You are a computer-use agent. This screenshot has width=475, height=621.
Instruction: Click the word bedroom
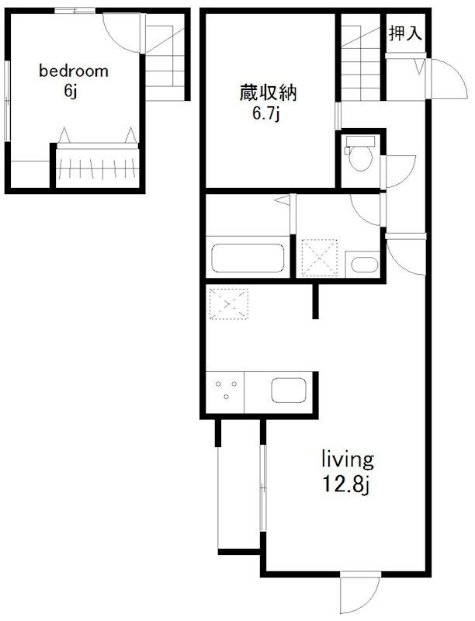[x=74, y=71]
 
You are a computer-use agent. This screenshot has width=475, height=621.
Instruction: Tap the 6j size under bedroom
[x=70, y=91]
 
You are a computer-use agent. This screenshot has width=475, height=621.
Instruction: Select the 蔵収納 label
[x=268, y=92]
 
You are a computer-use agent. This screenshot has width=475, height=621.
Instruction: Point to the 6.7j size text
[x=267, y=114]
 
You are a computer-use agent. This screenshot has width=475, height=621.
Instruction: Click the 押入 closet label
[x=405, y=33]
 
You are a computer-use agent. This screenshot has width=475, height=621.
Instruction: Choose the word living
[x=348, y=460]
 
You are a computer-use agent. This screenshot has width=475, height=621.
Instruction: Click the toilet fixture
[x=360, y=153]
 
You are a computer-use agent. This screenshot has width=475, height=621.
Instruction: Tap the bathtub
[x=248, y=258]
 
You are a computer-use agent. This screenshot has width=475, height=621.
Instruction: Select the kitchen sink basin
[x=289, y=390]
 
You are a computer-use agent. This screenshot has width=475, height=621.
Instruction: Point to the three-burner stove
[x=226, y=390]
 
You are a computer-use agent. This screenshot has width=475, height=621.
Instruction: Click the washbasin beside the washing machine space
[x=365, y=265]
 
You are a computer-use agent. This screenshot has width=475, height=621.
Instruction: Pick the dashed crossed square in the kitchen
[x=229, y=304]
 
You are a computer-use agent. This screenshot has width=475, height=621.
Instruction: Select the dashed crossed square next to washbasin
[x=320, y=258]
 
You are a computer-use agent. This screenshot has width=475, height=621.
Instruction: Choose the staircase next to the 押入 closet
[x=361, y=57]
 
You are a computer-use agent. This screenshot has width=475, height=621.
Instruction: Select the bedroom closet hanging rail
[x=97, y=168]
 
